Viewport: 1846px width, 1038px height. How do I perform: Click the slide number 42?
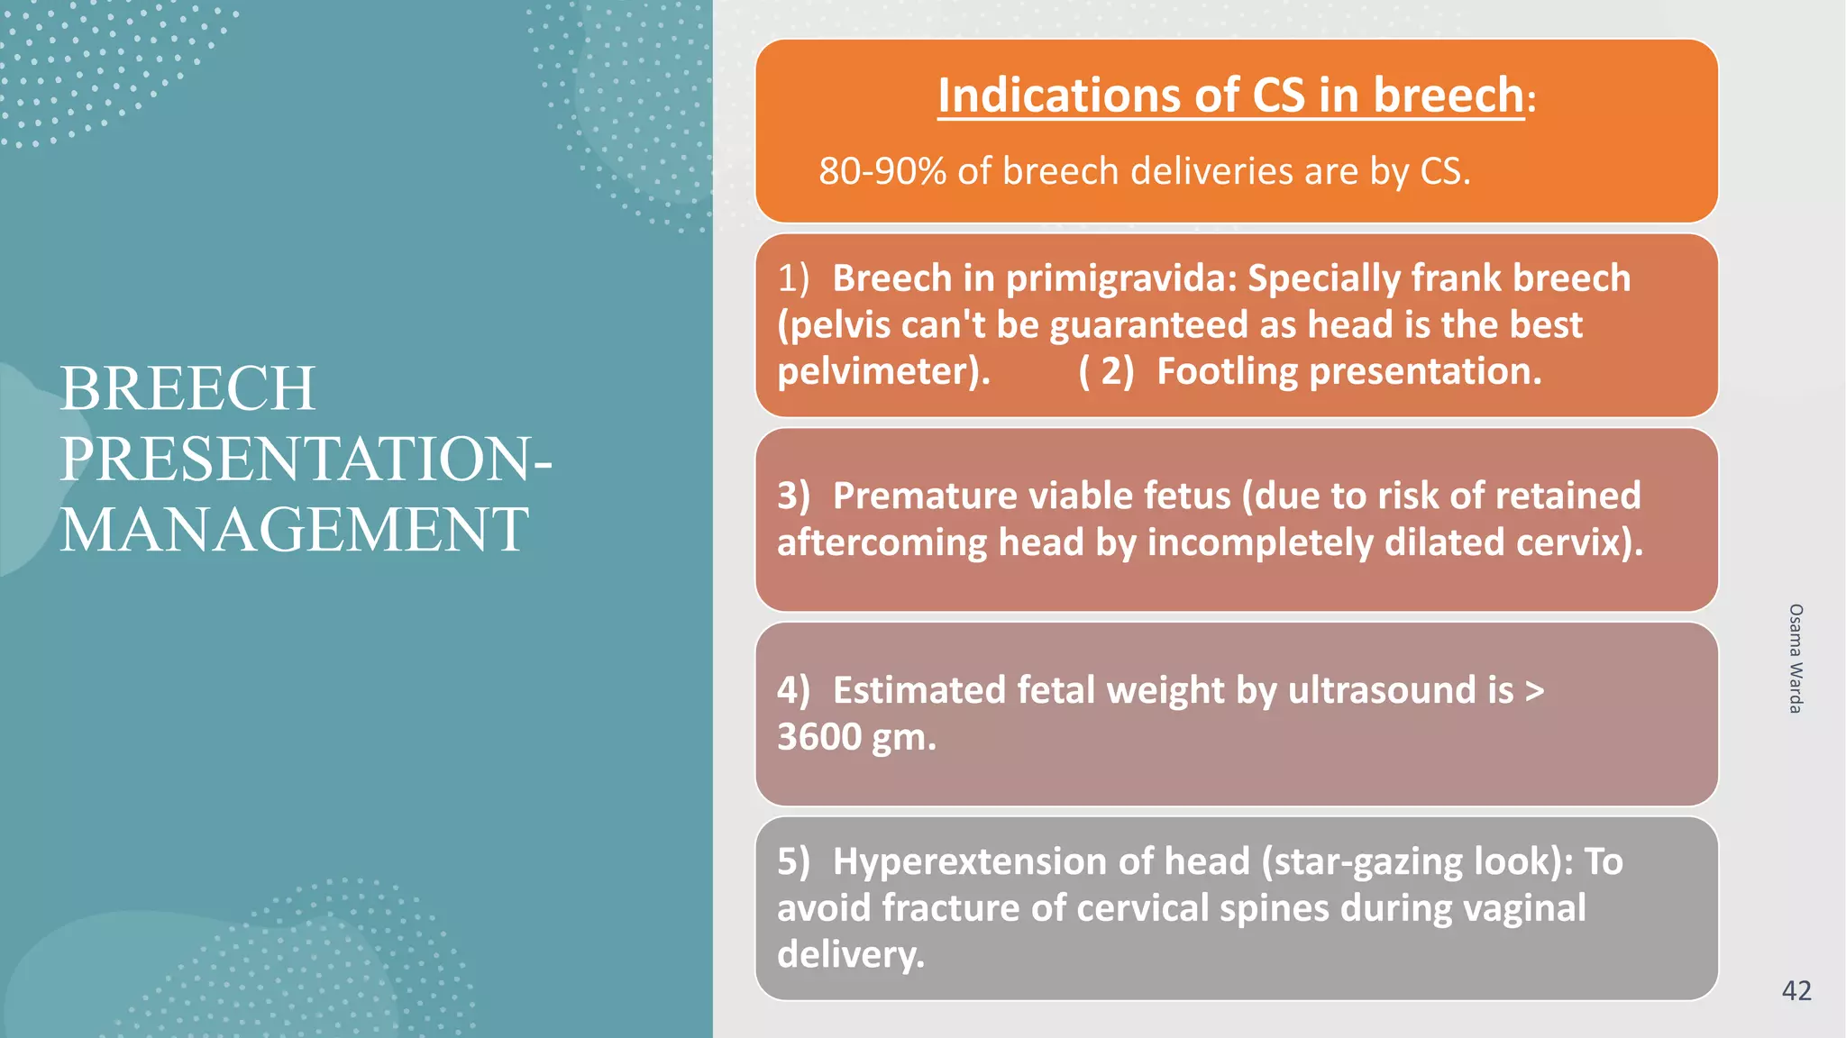[1796, 991]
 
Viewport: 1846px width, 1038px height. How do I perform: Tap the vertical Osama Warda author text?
[1796, 659]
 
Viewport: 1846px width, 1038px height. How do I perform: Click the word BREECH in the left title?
[187, 389]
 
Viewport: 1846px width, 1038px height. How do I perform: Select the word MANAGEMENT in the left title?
[294, 530]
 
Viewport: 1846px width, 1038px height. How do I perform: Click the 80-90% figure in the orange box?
[882, 171]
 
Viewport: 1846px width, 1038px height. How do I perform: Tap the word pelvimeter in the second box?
[879, 371]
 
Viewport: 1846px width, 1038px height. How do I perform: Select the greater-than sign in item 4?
[1534, 691]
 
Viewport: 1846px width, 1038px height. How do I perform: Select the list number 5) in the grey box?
[793, 861]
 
